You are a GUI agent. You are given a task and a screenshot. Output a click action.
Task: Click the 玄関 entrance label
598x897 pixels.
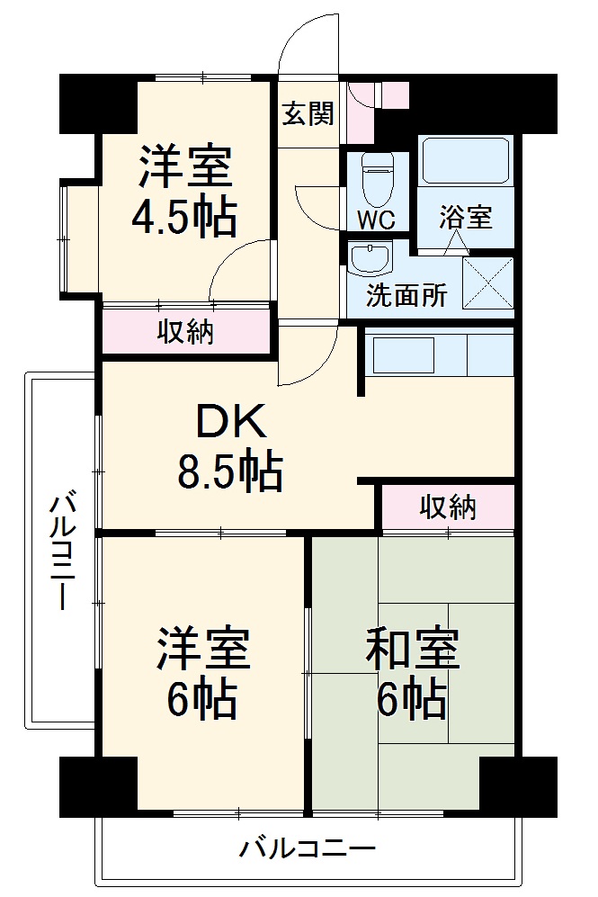(308, 114)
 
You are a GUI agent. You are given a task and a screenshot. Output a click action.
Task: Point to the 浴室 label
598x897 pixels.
(466, 217)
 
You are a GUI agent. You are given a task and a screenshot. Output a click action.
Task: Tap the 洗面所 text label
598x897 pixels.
(406, 297)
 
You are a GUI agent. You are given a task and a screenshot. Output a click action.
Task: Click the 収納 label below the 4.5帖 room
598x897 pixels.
(186, 332)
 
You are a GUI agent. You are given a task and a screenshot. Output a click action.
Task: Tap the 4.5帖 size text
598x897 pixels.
(184, 216)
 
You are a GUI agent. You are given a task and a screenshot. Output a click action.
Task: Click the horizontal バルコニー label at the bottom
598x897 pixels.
(308, 848)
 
